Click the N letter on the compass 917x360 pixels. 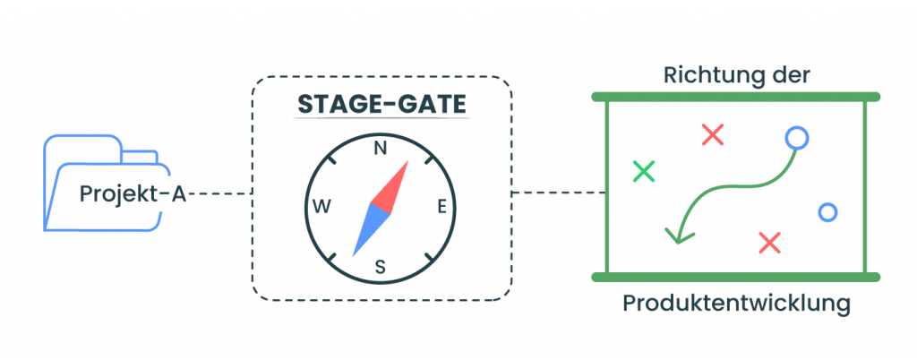coord(381,149)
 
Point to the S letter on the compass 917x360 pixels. coord(380,266)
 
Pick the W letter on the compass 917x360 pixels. coord(321,208)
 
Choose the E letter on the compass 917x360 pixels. coord(441,208)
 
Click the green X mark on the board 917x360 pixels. coord(643,170)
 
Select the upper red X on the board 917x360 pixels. coord(712,135)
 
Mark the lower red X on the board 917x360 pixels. coord(769,242)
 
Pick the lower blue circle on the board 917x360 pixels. coord(827,212)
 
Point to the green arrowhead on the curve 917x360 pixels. coord(678,235)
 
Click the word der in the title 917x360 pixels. coord(792,75)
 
